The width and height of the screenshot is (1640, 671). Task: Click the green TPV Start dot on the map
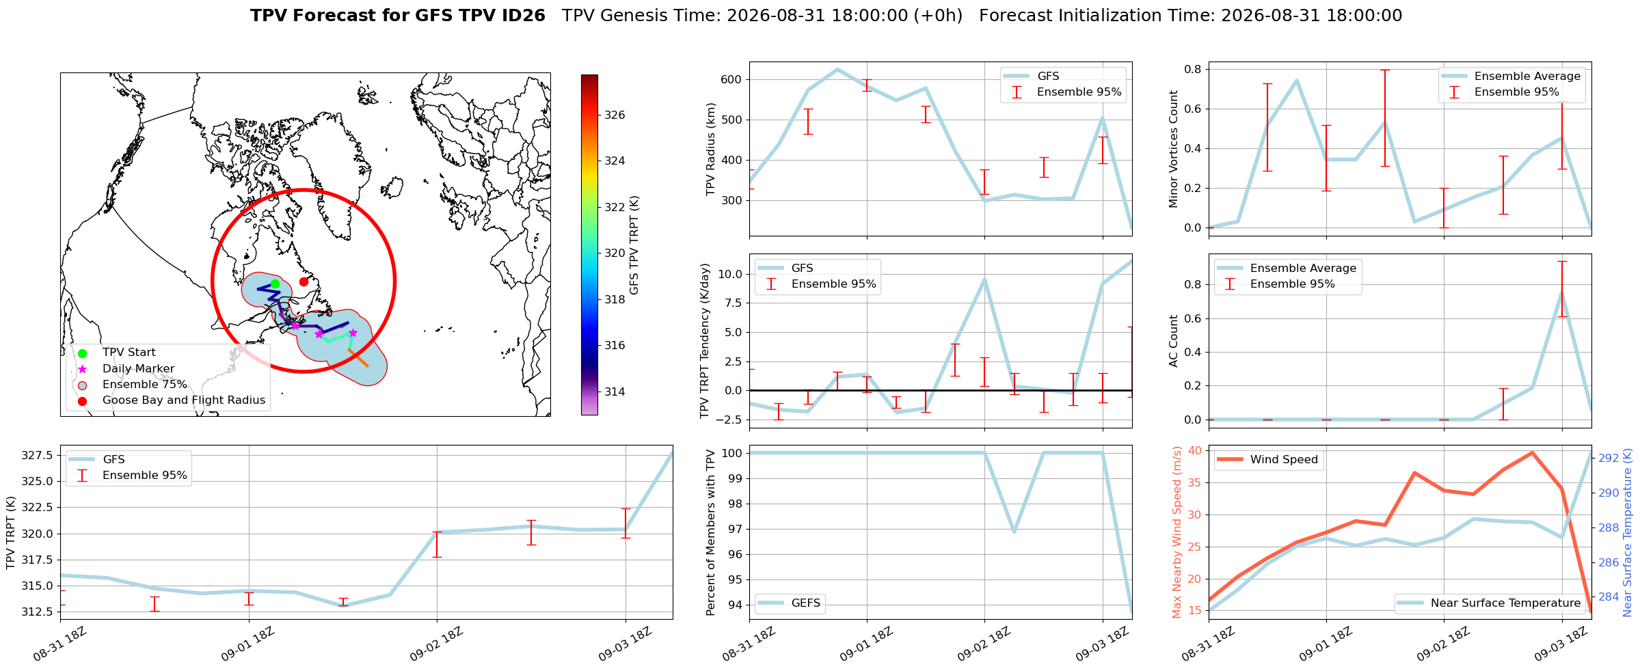(x=275, y=284)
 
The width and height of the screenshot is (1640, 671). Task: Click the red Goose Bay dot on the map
(x=304, y=282)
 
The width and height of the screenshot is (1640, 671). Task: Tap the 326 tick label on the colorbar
(x=615, y=115)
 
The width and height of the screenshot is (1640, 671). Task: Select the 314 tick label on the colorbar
(x=615, y=392)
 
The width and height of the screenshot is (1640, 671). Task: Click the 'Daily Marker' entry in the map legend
(x=138, y=368)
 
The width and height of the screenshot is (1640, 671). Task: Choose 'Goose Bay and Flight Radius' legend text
(x=184, y=400)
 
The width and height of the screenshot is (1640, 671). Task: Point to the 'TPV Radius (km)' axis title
(x=711, y=149)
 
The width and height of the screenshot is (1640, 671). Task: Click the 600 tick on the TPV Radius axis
(x=731, y=79)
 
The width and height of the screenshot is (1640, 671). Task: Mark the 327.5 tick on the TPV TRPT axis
(x=38, y=455)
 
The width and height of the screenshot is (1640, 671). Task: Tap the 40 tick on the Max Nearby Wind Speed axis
(x=1195, y=450)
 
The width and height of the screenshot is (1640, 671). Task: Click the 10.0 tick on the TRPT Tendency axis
(x=729, y=274)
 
